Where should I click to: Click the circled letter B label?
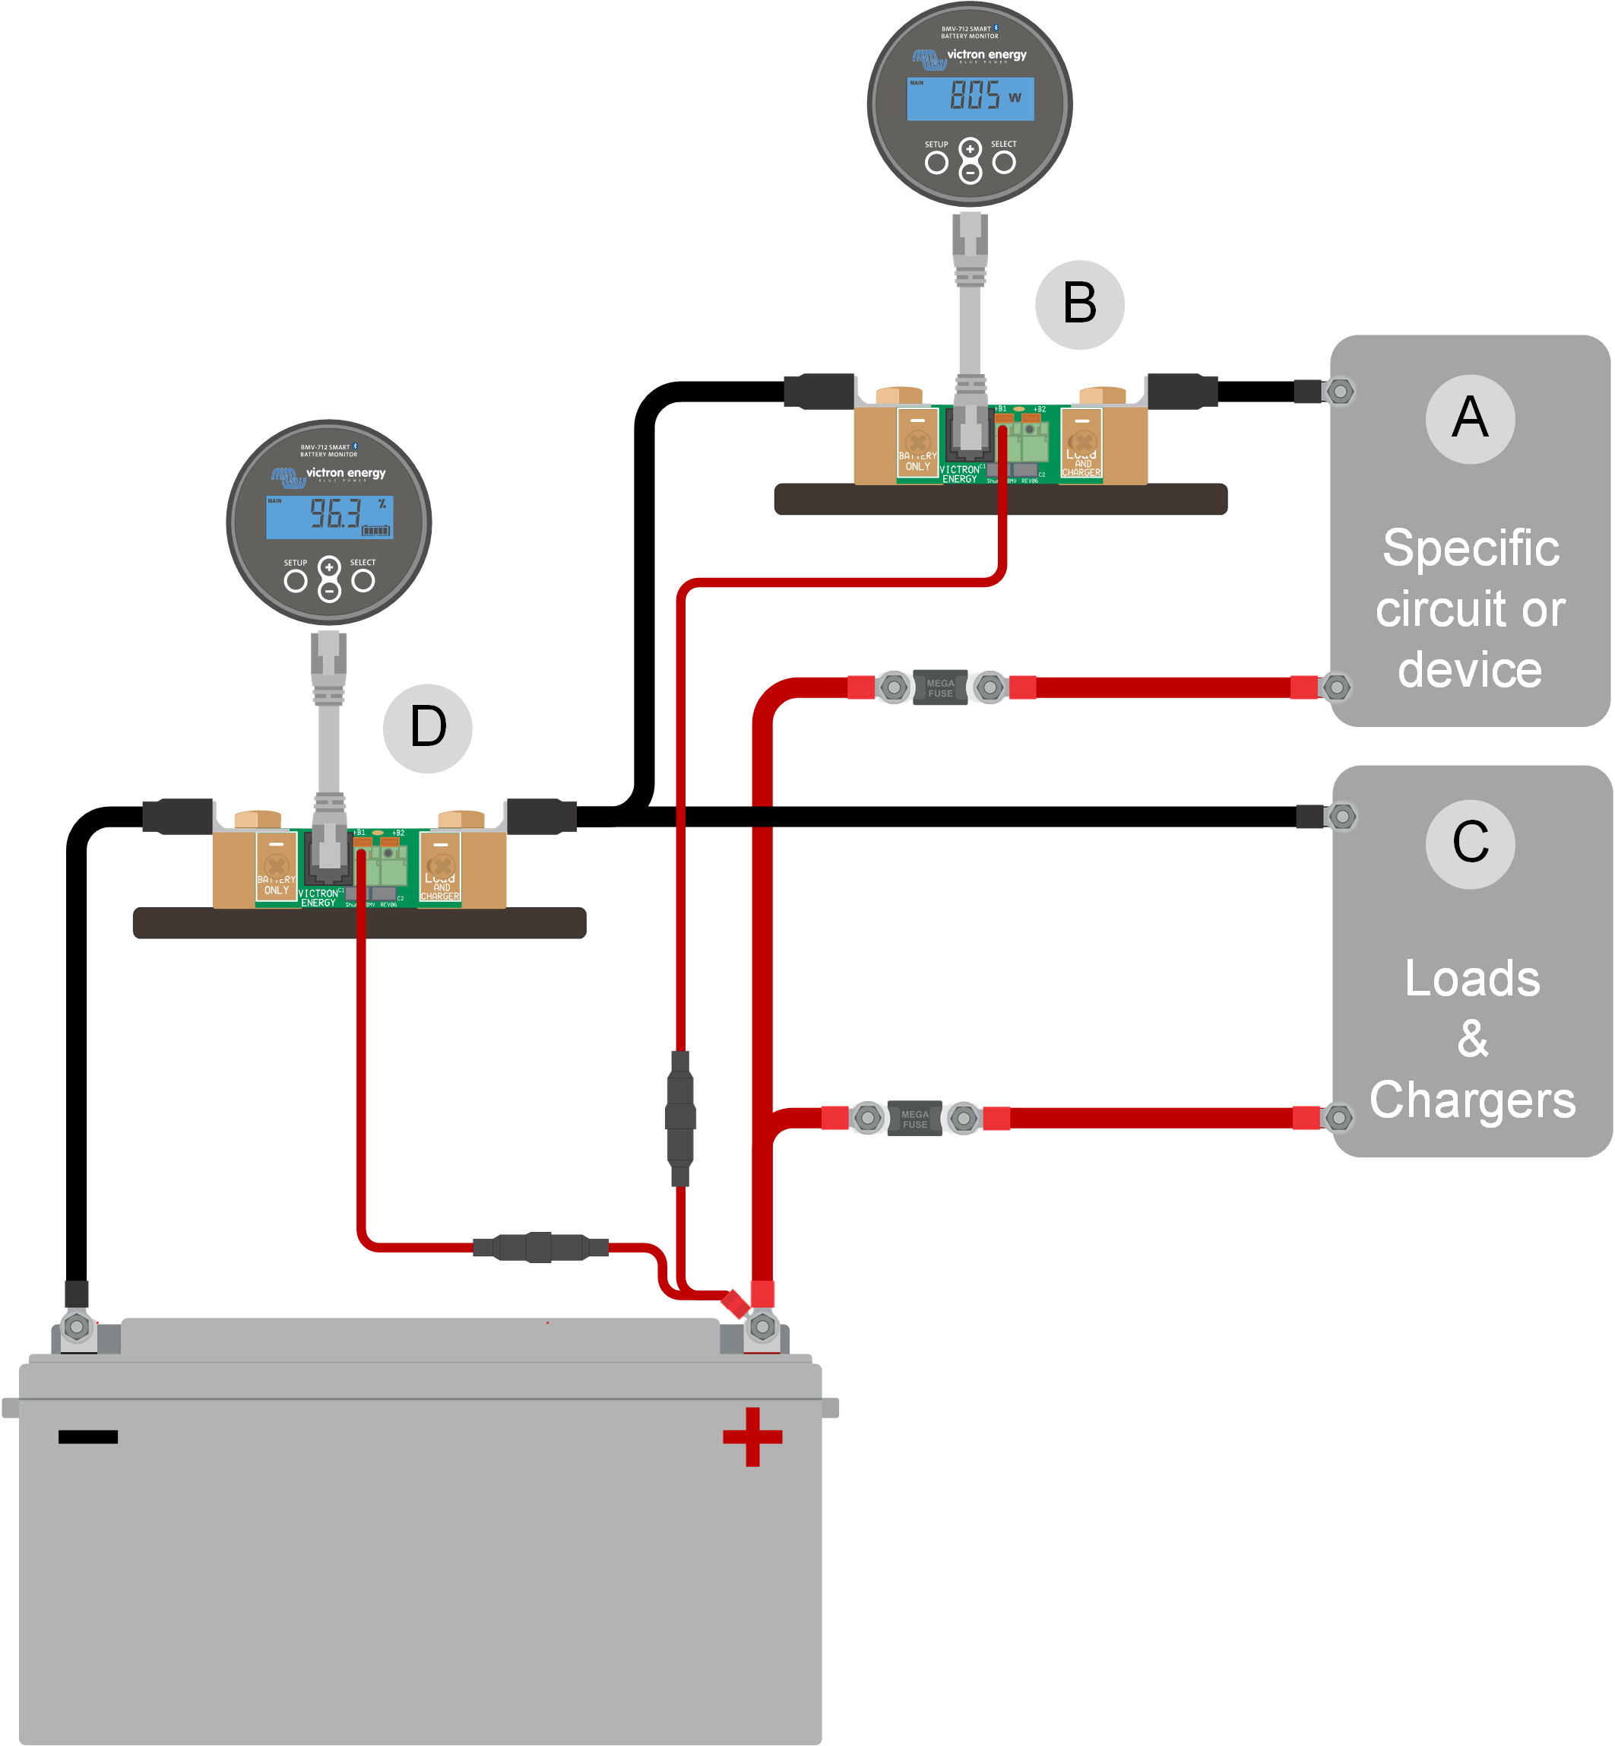1079,304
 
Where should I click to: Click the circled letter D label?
427,728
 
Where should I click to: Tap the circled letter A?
1470,419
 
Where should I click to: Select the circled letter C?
1470,843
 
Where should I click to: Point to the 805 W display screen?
970,97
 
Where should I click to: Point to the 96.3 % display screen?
330,516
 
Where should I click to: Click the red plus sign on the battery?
752,1436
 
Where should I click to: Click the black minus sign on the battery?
88,1436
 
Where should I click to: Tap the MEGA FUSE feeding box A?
940,687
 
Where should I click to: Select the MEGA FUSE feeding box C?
915,1118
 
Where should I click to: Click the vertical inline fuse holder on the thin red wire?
680,1118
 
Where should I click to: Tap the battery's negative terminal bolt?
77,1327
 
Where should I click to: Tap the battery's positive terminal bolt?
762,1327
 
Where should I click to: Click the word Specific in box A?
1471,548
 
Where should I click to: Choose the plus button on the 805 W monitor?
970,148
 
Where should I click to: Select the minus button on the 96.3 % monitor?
330,592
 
